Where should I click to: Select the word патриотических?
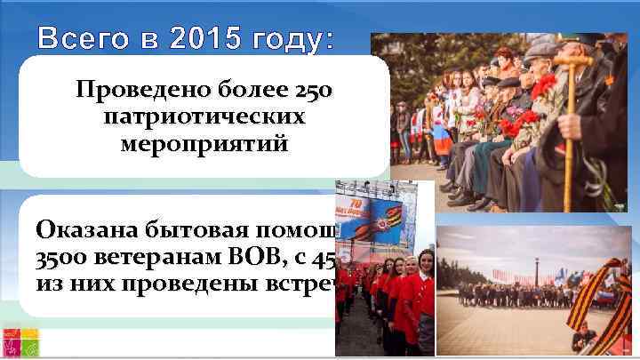point(204,117)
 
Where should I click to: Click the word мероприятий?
point(204,144)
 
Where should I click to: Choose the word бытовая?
point(194,230)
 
